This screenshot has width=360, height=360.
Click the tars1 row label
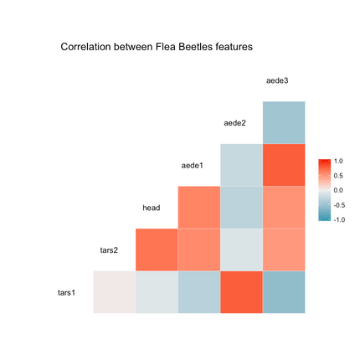pyautogui.click(x=66, y=292)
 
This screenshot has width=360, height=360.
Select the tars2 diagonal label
pyautogui.click(x=109, y=249)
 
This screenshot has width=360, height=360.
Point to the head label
pyautogui.click(x=152, y=208)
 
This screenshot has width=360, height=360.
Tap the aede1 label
pyautogui.click(x=193, y=165)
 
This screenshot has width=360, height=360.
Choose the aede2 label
pyautogui.click(x=235, y=123)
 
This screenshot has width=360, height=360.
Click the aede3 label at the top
pyautogui.click(x=277, y=80)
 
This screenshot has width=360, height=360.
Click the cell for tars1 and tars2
pyautogui.click(x=114, y=292)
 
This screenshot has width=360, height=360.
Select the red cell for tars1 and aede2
pyautogui.click(x=241, y=292)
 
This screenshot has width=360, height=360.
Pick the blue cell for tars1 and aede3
pyautogui.click(x=284, y=292)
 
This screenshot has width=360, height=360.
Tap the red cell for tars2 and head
pyautogui.click(x=157, y=249)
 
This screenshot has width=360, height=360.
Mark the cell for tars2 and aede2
pyautogui.click(x=241, y=249)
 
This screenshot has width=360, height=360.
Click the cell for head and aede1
pyautogui.click(x=198, y=208)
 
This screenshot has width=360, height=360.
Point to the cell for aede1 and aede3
pyautogui.click(x=284, y=165)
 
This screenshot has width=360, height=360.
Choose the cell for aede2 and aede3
pyautogui.click(x=284, y=123)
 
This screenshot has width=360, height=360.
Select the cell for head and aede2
pyautogui.click(x=241, y=208)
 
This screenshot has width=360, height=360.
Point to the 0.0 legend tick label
pyautogui.click(x=337, y=190)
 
